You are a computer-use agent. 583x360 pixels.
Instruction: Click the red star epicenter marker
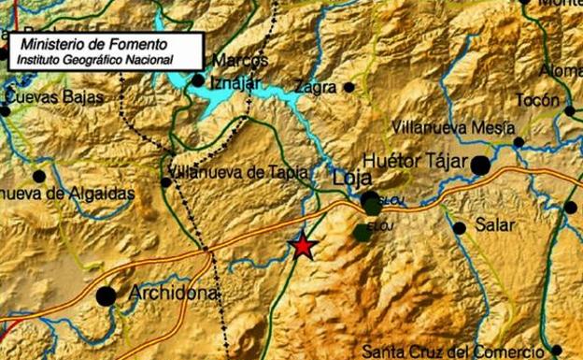(303, 246)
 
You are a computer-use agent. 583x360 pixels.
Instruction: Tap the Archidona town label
(173, 293)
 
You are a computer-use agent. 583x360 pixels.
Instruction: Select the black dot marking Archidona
(107, 296)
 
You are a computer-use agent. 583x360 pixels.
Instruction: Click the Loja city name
(352, 177)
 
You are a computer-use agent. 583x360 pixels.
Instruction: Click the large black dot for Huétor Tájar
(480, 166)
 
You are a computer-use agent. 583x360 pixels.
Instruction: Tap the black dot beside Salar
(459, 227)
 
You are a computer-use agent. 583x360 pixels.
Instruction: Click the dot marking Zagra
(348, 87)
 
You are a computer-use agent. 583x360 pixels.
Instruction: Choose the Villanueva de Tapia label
(233, 170)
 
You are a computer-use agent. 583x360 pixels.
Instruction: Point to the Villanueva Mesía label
(453, 126)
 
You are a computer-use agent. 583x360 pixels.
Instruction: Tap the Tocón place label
(537, 100)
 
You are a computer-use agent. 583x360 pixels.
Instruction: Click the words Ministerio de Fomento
(93, 43)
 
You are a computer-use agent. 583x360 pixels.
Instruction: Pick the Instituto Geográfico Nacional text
(92, 59)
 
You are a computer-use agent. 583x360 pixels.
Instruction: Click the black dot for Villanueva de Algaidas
(38, 176)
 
